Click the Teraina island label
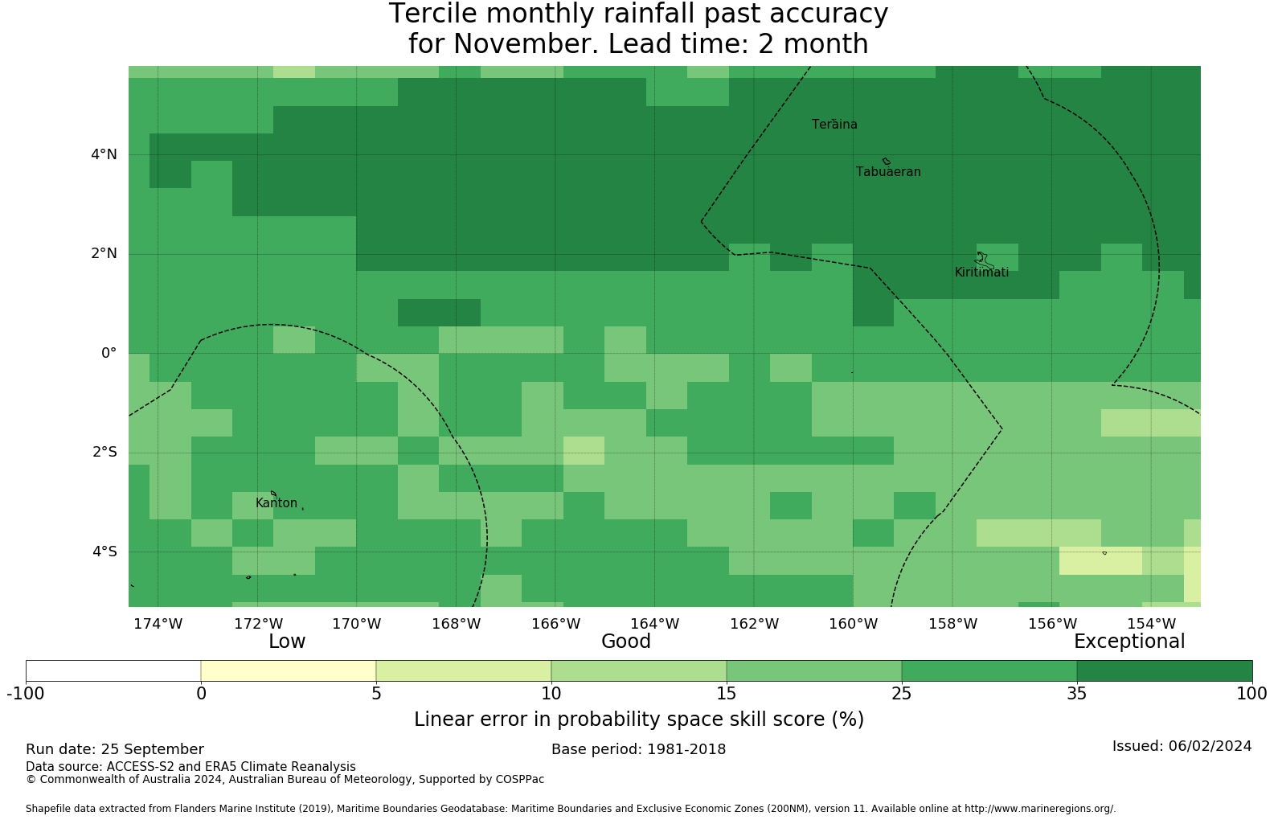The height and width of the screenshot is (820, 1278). pos(834,125)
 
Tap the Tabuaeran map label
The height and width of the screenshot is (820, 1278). pos(888,172)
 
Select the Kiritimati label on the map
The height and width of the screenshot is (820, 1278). pos(981,273)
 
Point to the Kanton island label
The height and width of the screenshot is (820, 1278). pos(276,503)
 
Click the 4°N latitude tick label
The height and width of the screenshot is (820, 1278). pos(104,154)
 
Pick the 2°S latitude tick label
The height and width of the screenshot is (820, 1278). pos(104,452)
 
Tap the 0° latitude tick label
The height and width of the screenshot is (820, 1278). pos(109,353)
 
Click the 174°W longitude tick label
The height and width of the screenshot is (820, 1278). pos(158,624)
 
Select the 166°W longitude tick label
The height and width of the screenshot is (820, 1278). pos(555,624)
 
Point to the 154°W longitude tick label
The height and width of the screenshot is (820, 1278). pos(1151,624)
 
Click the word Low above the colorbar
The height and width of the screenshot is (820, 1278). pos(287,642)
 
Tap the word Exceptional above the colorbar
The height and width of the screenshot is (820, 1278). pos(1129,642)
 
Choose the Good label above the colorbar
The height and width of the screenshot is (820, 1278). pos(626,642)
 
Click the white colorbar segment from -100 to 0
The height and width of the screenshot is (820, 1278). pos(113,670)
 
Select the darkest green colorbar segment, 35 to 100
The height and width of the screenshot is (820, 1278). pos(1164,670)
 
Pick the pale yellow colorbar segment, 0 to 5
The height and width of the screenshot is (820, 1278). pos(289,670)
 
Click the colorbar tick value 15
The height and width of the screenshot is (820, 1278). pos(726,694)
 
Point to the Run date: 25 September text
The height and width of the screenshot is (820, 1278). pos(115,749)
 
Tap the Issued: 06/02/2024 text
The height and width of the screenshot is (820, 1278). pos(1182,746)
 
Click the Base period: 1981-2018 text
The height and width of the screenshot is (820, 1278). pos(638,749)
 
